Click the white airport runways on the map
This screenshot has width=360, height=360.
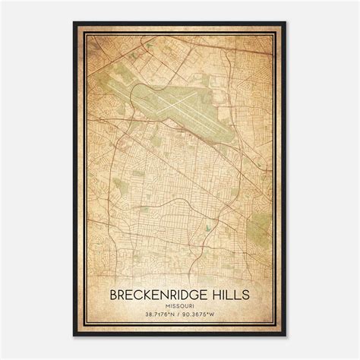tap(182, 99)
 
